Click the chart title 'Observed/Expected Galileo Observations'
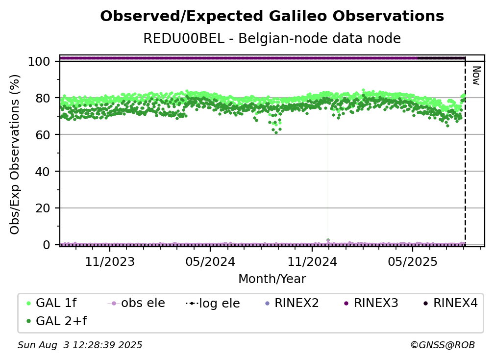pyautogui.click(x=272, y=16)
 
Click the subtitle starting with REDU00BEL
pyautogui.click(x=272, y=38)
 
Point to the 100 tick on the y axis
pyautogui.click(x=39, y=61)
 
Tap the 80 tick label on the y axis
pyautogui.click(x=43, y=98)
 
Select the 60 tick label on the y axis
pyautogui.click(x=43, y=135)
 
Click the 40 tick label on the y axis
pyautogui.click(x=43, y=172)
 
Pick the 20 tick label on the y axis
pyautogui.click(x=43, y=208)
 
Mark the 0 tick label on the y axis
pyautogui.click(x=47, y=245)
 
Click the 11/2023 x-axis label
pyautogui.click(x=110, y=261)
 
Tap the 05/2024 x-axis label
pyautogui.click(x=210, y=261)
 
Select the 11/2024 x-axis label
pyautogui.click(x=312, y=261)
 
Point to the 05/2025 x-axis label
pyautogui.click(x=413, y=261)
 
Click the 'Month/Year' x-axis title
pyautogui.click(x=272, y=279)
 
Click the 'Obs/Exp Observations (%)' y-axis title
pyautogui.click(x=15, y=154)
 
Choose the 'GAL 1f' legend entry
pyautogui.click(x=51, y=303)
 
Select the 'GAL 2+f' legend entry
pyautogui.click(x=56, y=321)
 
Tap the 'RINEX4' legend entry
pyautogui.click(x=450, y=303)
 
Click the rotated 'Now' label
pyautogui.click(x=476, y=76)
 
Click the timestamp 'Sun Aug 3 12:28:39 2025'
pyautogui.click(x=80, y=345)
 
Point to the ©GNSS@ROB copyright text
pyautogui.click(x=443, y=345)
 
